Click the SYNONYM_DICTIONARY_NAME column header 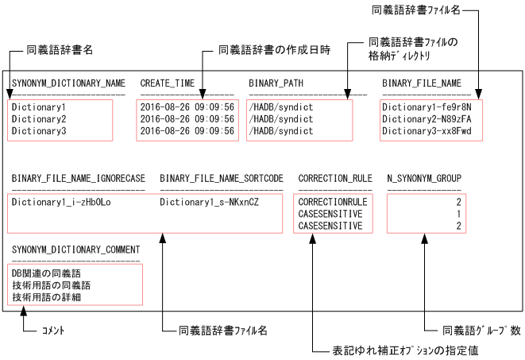coord(68,83)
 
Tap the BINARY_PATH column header coord(274,83)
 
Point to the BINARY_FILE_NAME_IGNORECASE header coord(79,178)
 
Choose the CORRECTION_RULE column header coord(331,178)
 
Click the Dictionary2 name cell coord(38,118)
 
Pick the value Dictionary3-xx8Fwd coord(427,130)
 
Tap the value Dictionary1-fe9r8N coord(427,106)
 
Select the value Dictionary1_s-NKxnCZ coord(209,202)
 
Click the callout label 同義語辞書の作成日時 coord(274,50)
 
